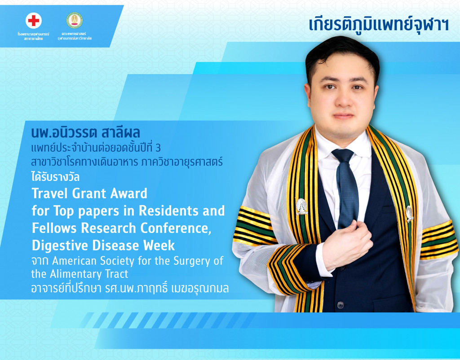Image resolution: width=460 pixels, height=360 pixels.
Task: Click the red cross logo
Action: click(x=33, y=21)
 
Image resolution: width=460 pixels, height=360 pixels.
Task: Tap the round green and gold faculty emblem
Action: click(x=75, y=20)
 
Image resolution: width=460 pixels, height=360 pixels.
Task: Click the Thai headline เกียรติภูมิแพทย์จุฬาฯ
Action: click(x=379, y=24)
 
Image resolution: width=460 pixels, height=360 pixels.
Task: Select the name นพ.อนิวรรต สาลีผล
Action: click(x=86, y=132)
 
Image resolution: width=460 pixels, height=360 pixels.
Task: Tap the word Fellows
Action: click(x=54, y=228)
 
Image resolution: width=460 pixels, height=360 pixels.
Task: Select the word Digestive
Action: click(x=60, y=246)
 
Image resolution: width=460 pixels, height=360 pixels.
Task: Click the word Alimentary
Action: click(x=89, y=274)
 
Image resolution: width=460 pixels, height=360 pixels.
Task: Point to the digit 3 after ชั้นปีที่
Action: click(x=158, y=148)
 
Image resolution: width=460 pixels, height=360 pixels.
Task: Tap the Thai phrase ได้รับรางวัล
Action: click(x=55, y=177)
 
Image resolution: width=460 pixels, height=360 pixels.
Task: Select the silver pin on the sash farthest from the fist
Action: click(x=410, y=213)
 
